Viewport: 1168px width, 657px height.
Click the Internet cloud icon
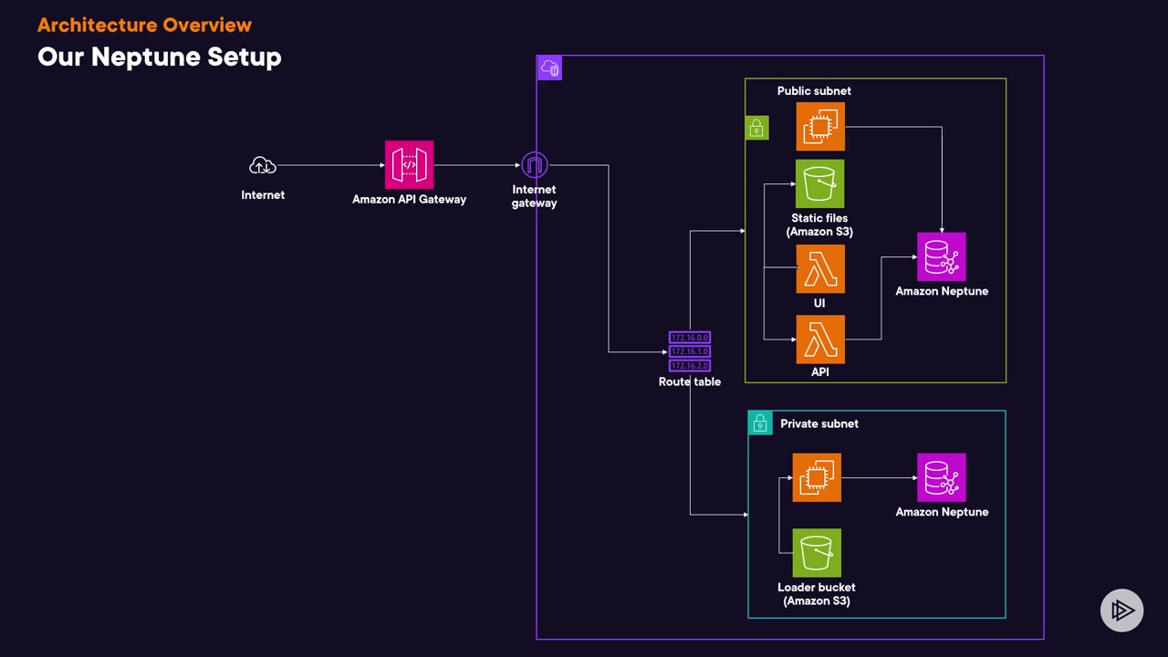coord(263,166)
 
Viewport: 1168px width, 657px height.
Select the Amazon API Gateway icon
coord(409,165)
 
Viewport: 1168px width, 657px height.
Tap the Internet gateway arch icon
coord(534,165)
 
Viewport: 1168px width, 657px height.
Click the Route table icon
coord(690,351)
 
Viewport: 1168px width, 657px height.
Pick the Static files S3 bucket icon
coord(819,184)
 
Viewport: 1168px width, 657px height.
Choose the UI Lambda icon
coord(820,269)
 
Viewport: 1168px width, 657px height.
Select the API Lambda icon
coord(820,339)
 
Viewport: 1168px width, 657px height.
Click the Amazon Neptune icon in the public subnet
coord(942,257)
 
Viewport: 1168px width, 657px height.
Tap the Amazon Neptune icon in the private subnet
coord(942,477)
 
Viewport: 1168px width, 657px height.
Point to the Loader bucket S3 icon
coord(817,553)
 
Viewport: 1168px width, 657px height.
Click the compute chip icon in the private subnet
coord(817,477)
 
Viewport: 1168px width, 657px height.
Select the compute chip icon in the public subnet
coord(820,126)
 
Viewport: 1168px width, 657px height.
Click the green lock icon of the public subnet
coord(757,129)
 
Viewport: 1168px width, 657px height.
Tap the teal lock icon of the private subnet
coord(760,423)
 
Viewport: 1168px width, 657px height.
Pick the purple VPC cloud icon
coord(549,68)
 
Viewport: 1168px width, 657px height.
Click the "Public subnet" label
coord(814,91)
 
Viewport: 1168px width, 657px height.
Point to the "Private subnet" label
coord(819,423)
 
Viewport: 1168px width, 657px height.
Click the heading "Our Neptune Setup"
coord(160,57)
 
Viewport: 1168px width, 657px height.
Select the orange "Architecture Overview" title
coord(144,25)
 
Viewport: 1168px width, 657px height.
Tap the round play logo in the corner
coord(1121,610)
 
